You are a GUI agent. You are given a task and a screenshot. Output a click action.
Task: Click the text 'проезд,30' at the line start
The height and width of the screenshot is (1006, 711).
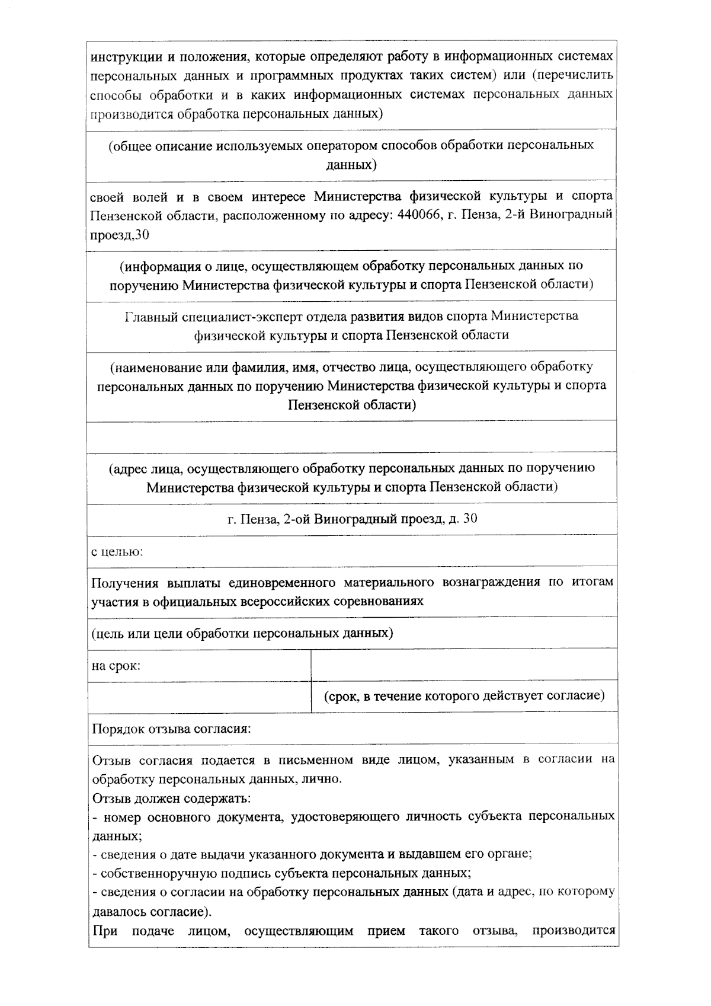tap(119, 235)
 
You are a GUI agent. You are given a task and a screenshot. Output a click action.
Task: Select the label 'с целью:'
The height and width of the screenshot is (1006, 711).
tap(117, 552)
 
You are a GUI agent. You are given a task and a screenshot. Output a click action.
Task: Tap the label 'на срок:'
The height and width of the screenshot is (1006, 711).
tap(116, 665)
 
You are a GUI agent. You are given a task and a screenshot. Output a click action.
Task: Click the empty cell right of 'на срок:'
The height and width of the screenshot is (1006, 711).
tap(464, 665)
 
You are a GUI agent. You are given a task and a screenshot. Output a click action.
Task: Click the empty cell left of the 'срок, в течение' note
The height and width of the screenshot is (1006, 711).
tap(199, 697)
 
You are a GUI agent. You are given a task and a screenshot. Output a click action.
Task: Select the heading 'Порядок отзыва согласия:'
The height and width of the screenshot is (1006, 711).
tap(171, 728)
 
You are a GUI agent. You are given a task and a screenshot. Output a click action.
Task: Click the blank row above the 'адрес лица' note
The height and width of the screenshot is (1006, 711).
tap(353, 437)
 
